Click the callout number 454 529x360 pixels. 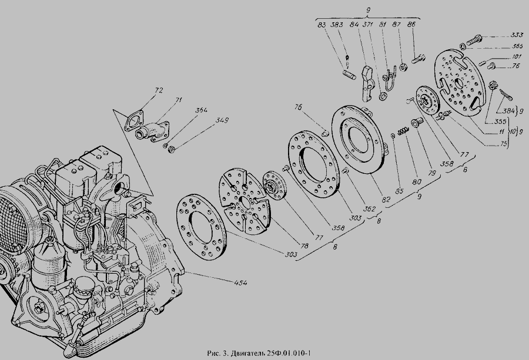pos(240,284)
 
